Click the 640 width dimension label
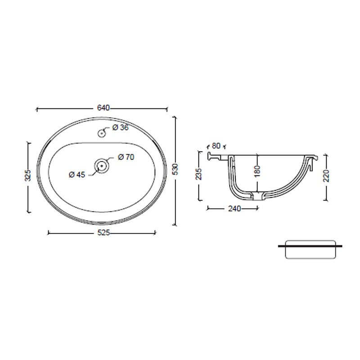103,108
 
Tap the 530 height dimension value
175,169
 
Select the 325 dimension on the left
28,175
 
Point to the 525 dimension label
103,233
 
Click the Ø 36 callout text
120,127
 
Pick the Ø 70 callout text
126,157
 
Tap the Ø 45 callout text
77,175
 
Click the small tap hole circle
102,133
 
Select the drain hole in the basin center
101,166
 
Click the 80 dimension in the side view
216,146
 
